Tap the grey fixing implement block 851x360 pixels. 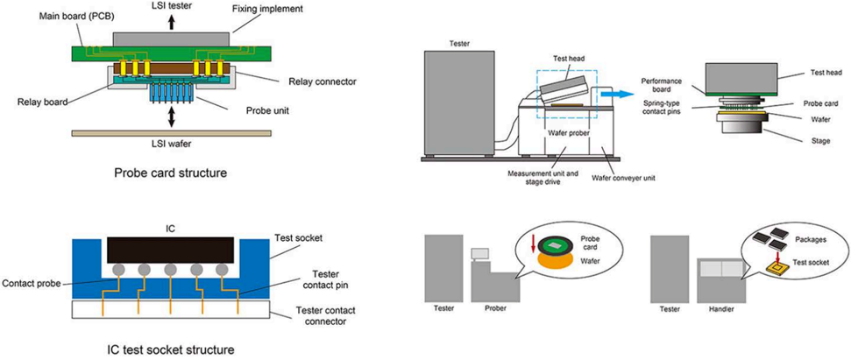[171, 39]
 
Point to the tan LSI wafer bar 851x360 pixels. [171, 133]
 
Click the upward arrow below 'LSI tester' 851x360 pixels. [171, 23]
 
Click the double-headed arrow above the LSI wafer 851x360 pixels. [171, 115]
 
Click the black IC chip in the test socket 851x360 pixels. [170, 250]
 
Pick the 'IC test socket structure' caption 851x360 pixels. [171, 349]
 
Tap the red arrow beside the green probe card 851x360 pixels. [534, 243]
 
